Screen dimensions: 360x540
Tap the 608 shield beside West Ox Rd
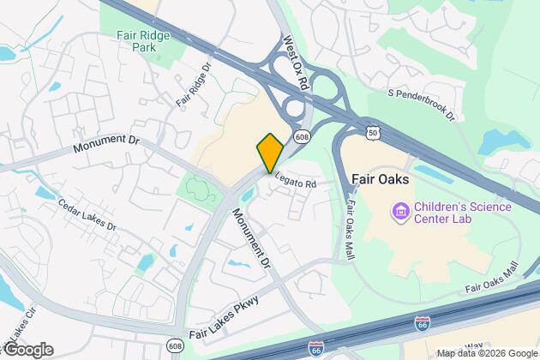(x=302, y=136)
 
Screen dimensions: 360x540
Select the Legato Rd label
(x=296, y=183)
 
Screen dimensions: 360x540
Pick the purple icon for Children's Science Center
(x=399, y=210)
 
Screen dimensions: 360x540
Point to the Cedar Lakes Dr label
(x=87, y=213)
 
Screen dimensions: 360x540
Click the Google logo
(x=27, y=349)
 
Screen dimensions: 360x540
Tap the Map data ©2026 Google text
(x=486, y=353)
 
